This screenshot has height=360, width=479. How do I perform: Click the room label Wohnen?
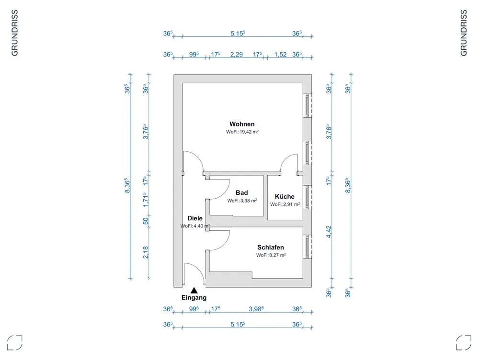pos(242,124)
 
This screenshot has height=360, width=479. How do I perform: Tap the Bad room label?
pos(242,193)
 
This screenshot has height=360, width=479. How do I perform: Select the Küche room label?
pos(285,196)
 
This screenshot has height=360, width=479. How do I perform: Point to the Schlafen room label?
pos(271,247)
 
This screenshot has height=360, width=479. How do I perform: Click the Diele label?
pos(195,218)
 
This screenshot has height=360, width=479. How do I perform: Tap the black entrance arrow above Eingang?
pos(194,290)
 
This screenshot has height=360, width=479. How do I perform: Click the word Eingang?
pos(194,297)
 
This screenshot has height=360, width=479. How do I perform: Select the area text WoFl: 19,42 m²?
pos(242,132)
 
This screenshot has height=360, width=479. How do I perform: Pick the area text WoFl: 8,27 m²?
pos(271,255)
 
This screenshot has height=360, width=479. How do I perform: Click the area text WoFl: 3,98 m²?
pos(242,201)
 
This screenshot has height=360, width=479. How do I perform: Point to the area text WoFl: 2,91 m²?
pos(285,204)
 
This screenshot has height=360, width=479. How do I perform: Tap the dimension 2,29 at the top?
pos(236,55)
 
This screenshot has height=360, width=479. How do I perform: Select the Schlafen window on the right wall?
pos(307,247)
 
